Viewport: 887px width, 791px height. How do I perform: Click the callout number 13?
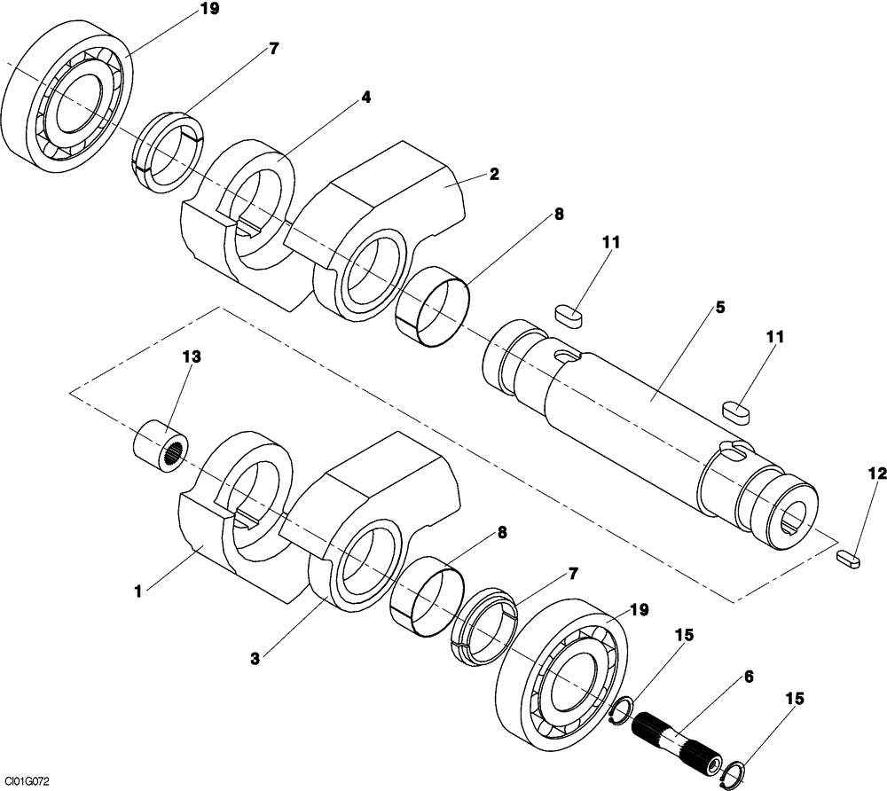(192, 356)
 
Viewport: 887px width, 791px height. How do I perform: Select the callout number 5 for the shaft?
(719, 307)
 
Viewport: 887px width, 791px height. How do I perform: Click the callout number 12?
(876, 475)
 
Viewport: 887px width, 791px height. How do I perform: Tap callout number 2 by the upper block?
(493, 174)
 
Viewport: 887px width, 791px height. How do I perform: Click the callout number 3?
(255, 659)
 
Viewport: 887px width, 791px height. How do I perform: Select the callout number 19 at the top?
(210, 10)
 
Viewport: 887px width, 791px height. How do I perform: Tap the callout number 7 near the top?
(273, 49)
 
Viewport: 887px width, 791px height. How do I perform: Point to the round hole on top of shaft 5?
(563, 356)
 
